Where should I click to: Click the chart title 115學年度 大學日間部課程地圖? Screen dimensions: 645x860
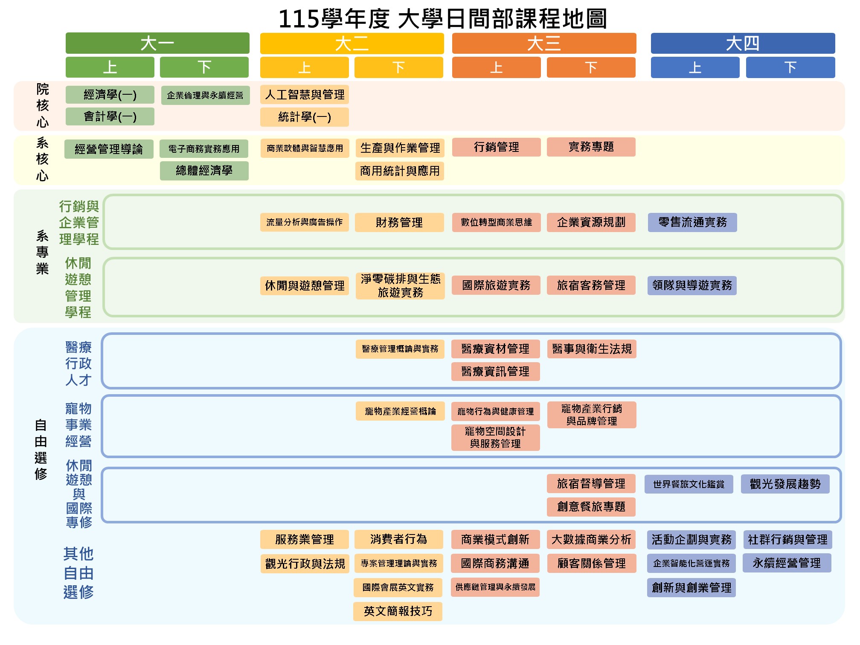click(442, 19)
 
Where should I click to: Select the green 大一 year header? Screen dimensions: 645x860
click(157, 43)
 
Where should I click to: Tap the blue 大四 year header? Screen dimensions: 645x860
click(742, 43)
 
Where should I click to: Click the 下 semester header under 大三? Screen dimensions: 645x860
click(591, 67)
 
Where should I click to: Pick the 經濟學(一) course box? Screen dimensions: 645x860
click(110, 95)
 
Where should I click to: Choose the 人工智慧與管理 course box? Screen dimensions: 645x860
click(305, 95)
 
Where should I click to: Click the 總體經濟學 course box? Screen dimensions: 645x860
click(204, 171)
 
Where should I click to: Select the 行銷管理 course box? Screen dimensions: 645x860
click(496, 147)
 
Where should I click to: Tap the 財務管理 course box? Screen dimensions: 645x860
click(399, 222)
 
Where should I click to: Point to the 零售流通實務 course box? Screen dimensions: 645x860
click(692, 222)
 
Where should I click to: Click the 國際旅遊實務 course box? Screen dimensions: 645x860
click(496, 285)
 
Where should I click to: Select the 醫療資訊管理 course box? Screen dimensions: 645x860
click(495, 372)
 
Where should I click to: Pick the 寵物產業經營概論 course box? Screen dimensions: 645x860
click(400, 411)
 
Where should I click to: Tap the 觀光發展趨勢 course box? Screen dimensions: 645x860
click(785, 484)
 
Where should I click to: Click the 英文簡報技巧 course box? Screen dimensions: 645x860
click(398, 611)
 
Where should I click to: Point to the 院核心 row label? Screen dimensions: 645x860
click(42, 106)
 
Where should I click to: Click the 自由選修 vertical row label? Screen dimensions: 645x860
click(41, 449)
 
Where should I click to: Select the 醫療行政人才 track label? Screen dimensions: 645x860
click(78, 363)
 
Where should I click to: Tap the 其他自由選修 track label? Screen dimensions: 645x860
click(78, 573)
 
